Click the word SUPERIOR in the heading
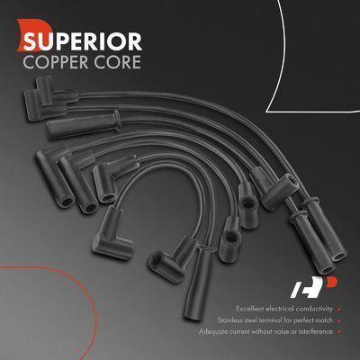click(83, 41)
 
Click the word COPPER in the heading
click(56, 62)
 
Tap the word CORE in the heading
click(117, 62)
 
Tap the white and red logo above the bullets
click(314, 287)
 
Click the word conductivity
click(314, 309)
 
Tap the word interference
click(315, 332)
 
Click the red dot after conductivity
click(339, 309)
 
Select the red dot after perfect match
click(339, 320)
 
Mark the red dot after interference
click(339, 332)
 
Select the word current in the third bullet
click(239, 332)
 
